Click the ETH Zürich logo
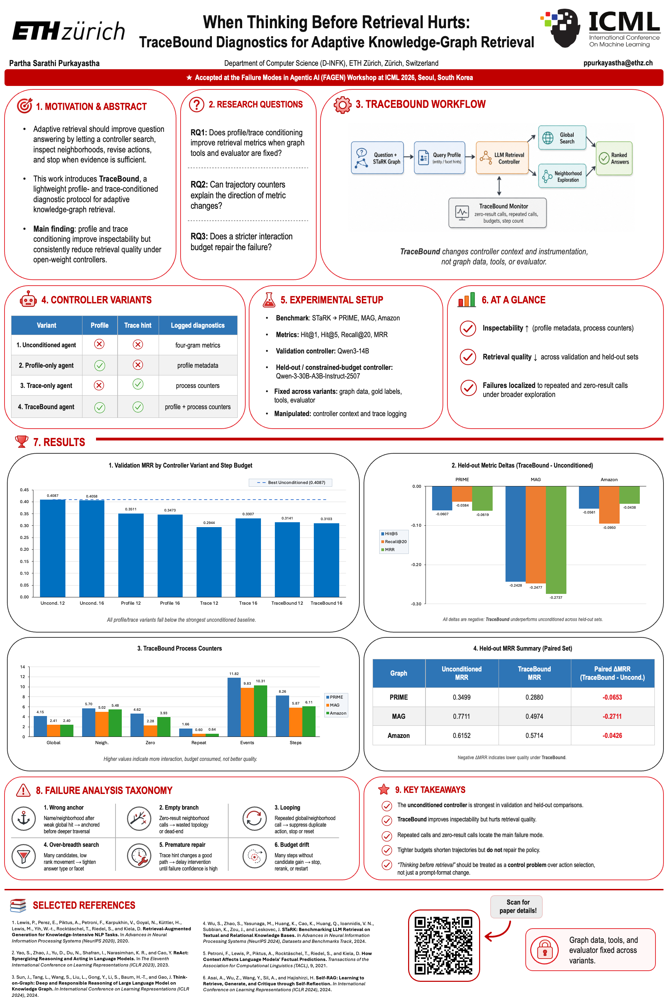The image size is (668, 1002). click(69, 31)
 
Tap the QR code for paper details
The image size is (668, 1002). click(444, 945)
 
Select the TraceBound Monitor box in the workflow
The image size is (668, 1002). click(497, 213)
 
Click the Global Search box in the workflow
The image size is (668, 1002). click(562, 138)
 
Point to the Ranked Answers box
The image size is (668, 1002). click(614, 158)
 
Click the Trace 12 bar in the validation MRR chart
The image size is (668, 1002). click(209, 562)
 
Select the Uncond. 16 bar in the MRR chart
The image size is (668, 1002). click(92, 548)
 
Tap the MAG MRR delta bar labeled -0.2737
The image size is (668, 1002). click(556, 540)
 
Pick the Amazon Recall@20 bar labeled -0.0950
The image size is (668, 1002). click(609, 505)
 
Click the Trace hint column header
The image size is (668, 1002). click(138, 325)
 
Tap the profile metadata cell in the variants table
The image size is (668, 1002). click(198, 365)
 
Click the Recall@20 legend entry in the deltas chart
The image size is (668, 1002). click(394, 541)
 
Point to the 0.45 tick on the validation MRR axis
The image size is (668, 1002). click(24, 490)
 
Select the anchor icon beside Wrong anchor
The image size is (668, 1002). click(23, 818)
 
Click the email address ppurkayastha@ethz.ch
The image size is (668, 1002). click(618, 63)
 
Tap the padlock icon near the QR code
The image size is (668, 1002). click(544, 949)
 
